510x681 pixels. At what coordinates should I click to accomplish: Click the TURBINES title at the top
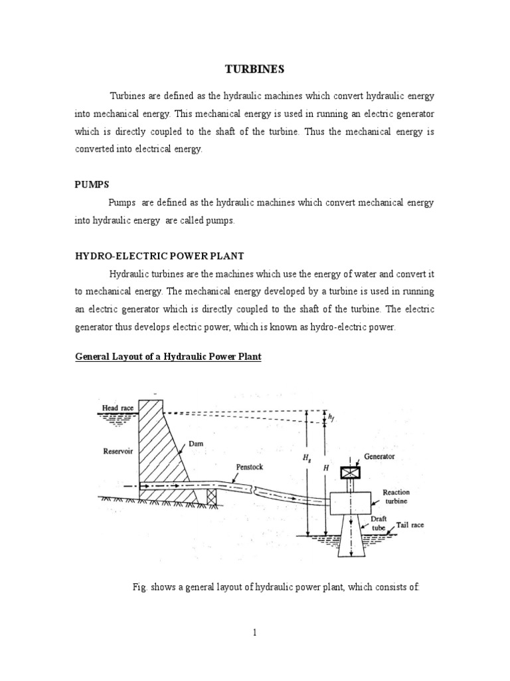click(x=254, y=69)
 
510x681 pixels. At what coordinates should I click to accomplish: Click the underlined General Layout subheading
click(x=168, y=357)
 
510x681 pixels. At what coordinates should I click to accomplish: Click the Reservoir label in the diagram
click(x=118, y=450)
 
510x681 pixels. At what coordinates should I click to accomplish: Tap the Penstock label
click(x=249, y=467)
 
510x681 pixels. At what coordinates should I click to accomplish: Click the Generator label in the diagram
click(x=379, y=457)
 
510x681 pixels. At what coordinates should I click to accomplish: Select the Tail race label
click(x=410, y=525)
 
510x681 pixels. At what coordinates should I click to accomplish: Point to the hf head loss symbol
click(x=331, y=417)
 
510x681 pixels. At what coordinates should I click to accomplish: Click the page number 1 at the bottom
click(x=254, y=632)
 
